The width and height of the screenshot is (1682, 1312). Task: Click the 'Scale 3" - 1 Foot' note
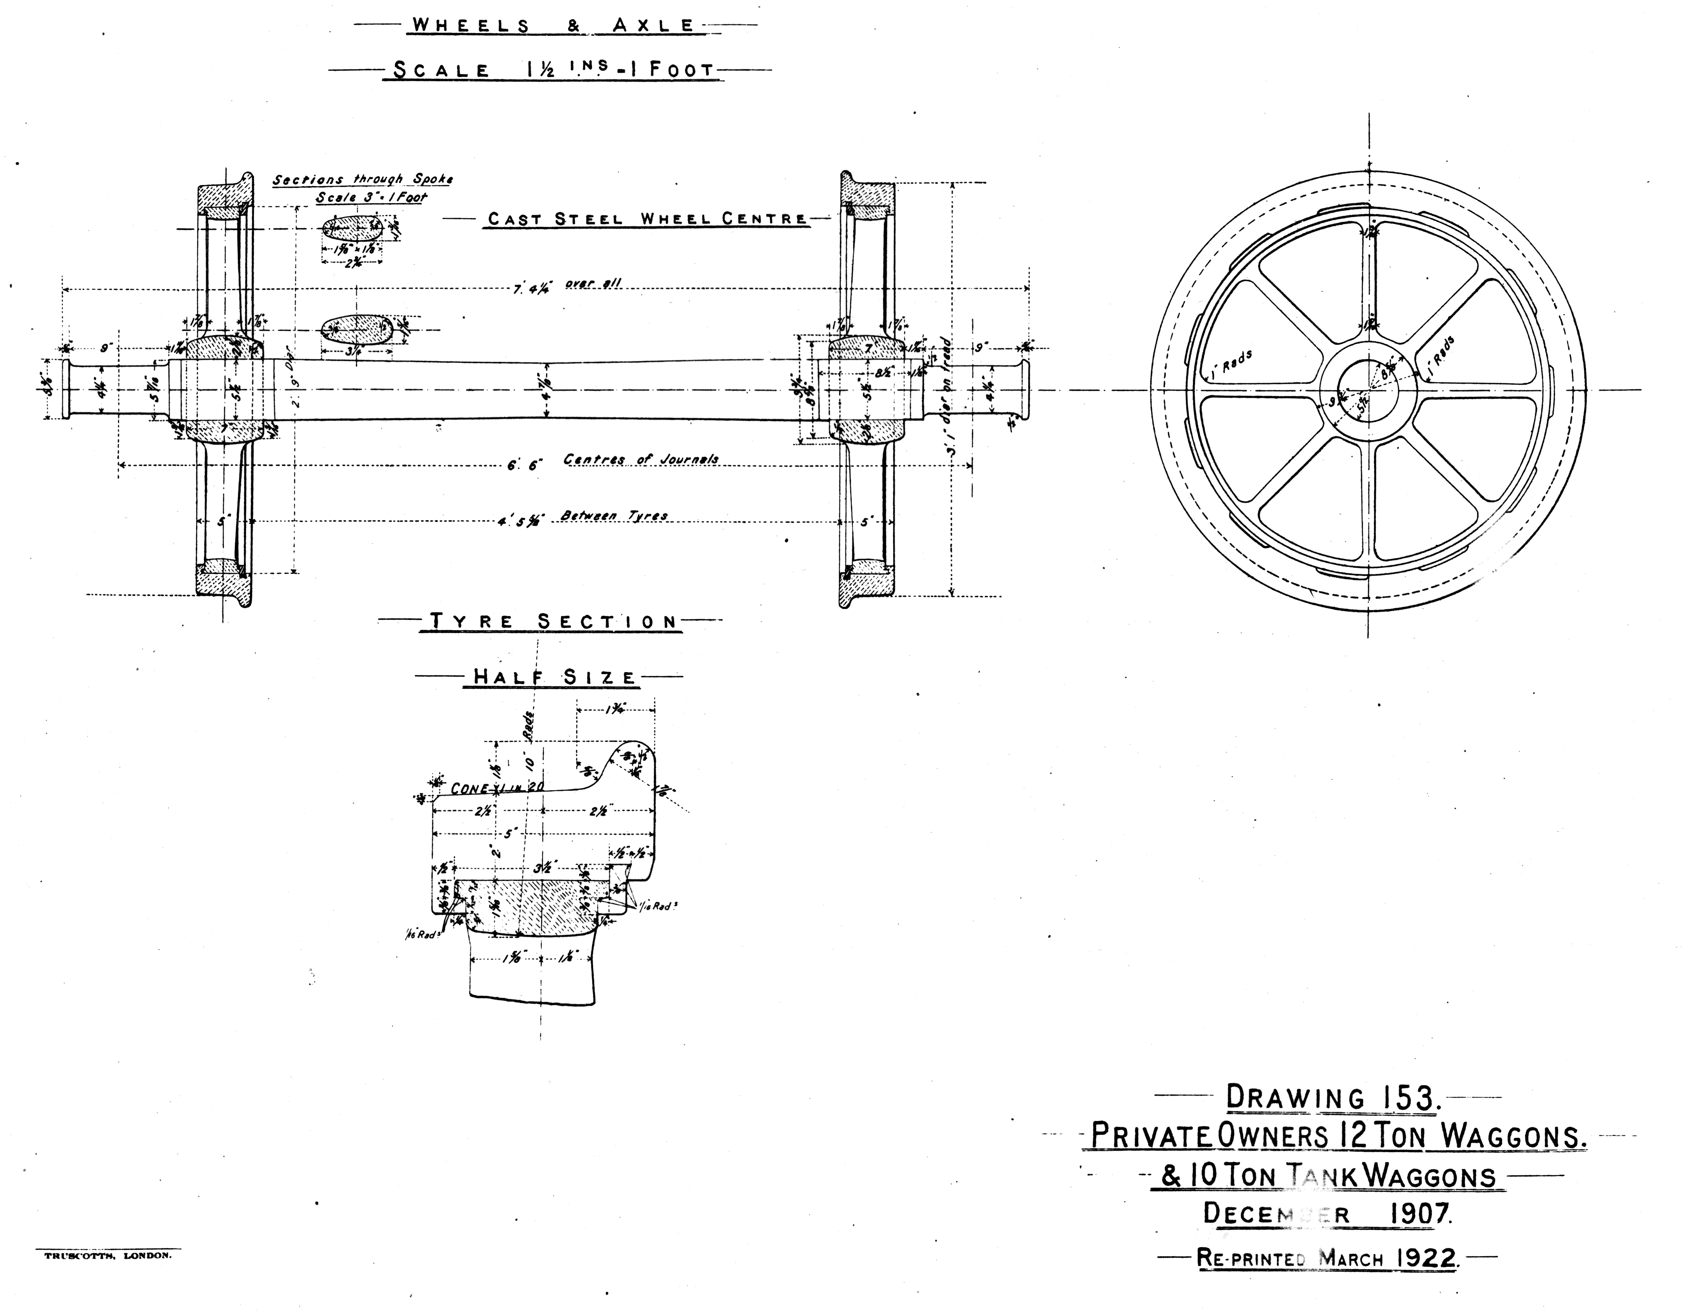[x=371, y=197]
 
